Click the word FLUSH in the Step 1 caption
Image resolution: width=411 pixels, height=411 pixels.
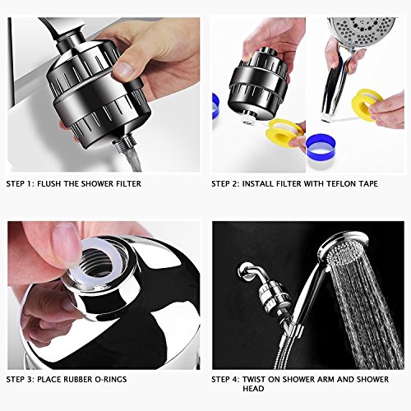[x=49, y=183]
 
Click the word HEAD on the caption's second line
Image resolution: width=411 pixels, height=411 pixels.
[x=253, y=389]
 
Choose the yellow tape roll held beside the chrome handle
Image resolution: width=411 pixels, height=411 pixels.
[x=367, y=100]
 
